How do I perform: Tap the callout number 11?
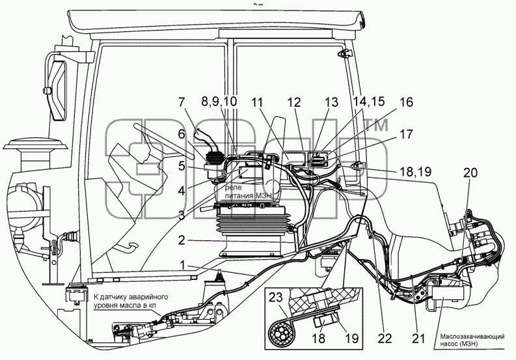tap(258, 103)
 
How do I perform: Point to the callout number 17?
tap(406, 134)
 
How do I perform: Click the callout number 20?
tap(470, 173)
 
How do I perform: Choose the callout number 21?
tap(418, 339)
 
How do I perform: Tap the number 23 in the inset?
tap(276, 298)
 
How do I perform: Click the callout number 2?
tap(182, 240)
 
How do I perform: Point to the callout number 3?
tap(182, 216)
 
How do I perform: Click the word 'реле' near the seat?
tap(234, 188)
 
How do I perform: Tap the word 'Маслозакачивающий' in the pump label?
tap(472, 337)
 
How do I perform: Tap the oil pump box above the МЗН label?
tap(448, 293)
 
